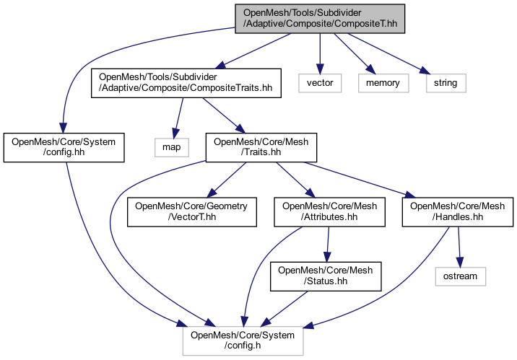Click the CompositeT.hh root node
319,18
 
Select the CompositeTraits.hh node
184,83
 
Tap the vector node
320,83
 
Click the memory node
383,83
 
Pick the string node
446,83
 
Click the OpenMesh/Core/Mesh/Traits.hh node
261,148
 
